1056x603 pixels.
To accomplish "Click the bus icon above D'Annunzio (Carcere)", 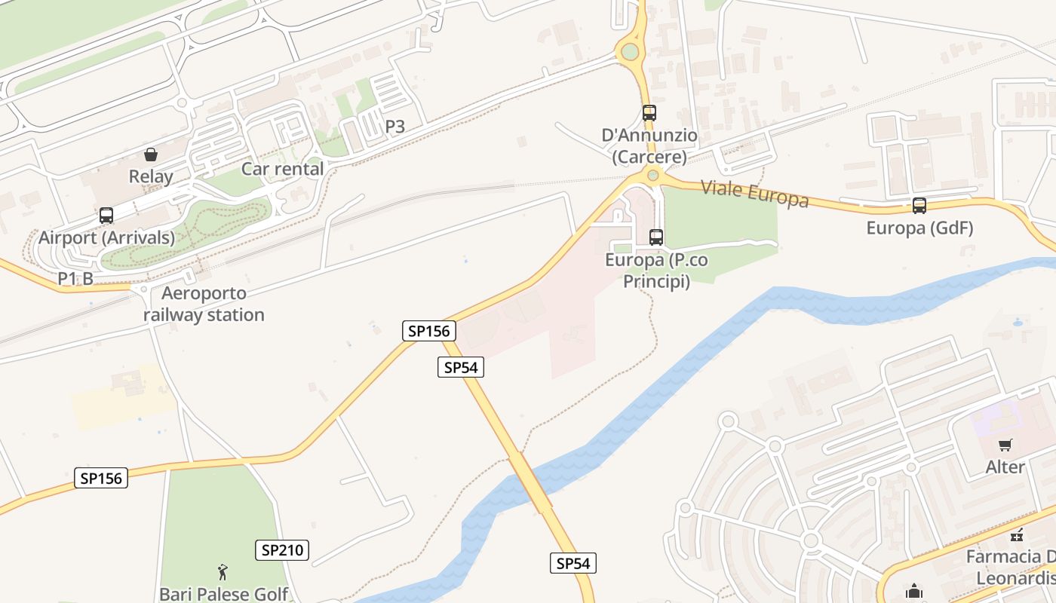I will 649,113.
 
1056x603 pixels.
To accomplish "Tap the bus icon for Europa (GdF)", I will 919,205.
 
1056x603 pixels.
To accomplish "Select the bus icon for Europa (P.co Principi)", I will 656,237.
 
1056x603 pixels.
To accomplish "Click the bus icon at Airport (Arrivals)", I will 106,216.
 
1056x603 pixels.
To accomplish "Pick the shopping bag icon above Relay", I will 151,155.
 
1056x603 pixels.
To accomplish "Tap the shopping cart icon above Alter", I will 1005,445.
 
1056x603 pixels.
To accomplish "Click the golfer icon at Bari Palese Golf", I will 223,571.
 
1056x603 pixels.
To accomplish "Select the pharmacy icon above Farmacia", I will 1017,535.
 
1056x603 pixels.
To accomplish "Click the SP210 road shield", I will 282,550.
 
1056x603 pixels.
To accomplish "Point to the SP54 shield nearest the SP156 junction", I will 460,367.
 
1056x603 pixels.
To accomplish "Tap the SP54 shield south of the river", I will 573,562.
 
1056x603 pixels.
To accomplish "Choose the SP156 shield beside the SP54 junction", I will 429,330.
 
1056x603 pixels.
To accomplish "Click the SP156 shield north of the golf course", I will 101,478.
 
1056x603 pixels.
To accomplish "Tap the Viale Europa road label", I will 754,193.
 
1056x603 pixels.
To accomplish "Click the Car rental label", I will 282,169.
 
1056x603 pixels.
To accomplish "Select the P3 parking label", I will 395,127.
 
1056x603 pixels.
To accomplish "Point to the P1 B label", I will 75,278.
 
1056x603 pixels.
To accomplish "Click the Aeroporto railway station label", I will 204,304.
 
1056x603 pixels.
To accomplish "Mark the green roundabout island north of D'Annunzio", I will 628,53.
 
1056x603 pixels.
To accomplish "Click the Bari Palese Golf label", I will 223,594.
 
